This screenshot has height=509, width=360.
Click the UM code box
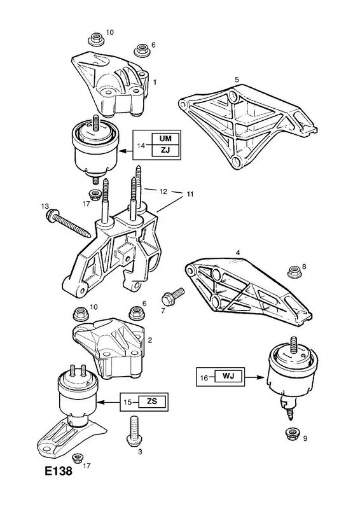pos(165,139)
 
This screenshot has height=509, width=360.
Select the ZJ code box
pos(165,150)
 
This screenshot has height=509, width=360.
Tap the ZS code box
pos(151,401)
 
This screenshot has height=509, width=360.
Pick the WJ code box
pos(228,377)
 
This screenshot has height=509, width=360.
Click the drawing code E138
pos(58,471)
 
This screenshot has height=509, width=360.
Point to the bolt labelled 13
pos(69,224)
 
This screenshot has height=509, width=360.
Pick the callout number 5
pos(237,80)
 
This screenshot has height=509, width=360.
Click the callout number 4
pos(238,252)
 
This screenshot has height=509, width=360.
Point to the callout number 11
pos(190,194)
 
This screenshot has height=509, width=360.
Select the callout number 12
pos(163,192)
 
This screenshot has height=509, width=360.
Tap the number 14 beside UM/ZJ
pos(141,146)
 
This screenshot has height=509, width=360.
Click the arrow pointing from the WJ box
pos(256,377)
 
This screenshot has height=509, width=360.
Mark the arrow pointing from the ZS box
pos(109,402)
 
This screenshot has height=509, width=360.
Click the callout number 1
pos(155,83)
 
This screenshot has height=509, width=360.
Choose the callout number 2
pos(149,340)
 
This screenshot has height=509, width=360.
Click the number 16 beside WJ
pos(204,378)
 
